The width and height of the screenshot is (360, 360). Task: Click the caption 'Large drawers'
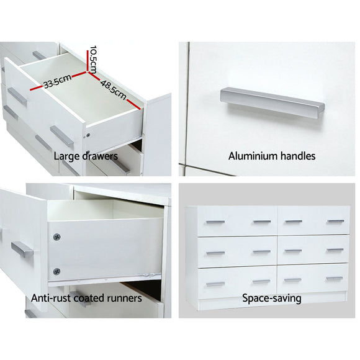tap(85, 156)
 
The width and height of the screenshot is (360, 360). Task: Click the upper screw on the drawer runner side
tap(58, 236)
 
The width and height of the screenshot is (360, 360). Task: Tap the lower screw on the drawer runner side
tap(58, 271)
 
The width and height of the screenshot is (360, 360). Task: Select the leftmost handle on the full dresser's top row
tap(215, 220)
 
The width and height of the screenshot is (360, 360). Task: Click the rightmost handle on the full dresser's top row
tap(335, 221)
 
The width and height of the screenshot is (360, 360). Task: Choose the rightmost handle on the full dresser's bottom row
tap(335, 281)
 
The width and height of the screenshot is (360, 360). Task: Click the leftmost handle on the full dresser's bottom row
tap(215, 284)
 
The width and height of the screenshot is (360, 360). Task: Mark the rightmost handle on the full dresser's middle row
tap(335, 251)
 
